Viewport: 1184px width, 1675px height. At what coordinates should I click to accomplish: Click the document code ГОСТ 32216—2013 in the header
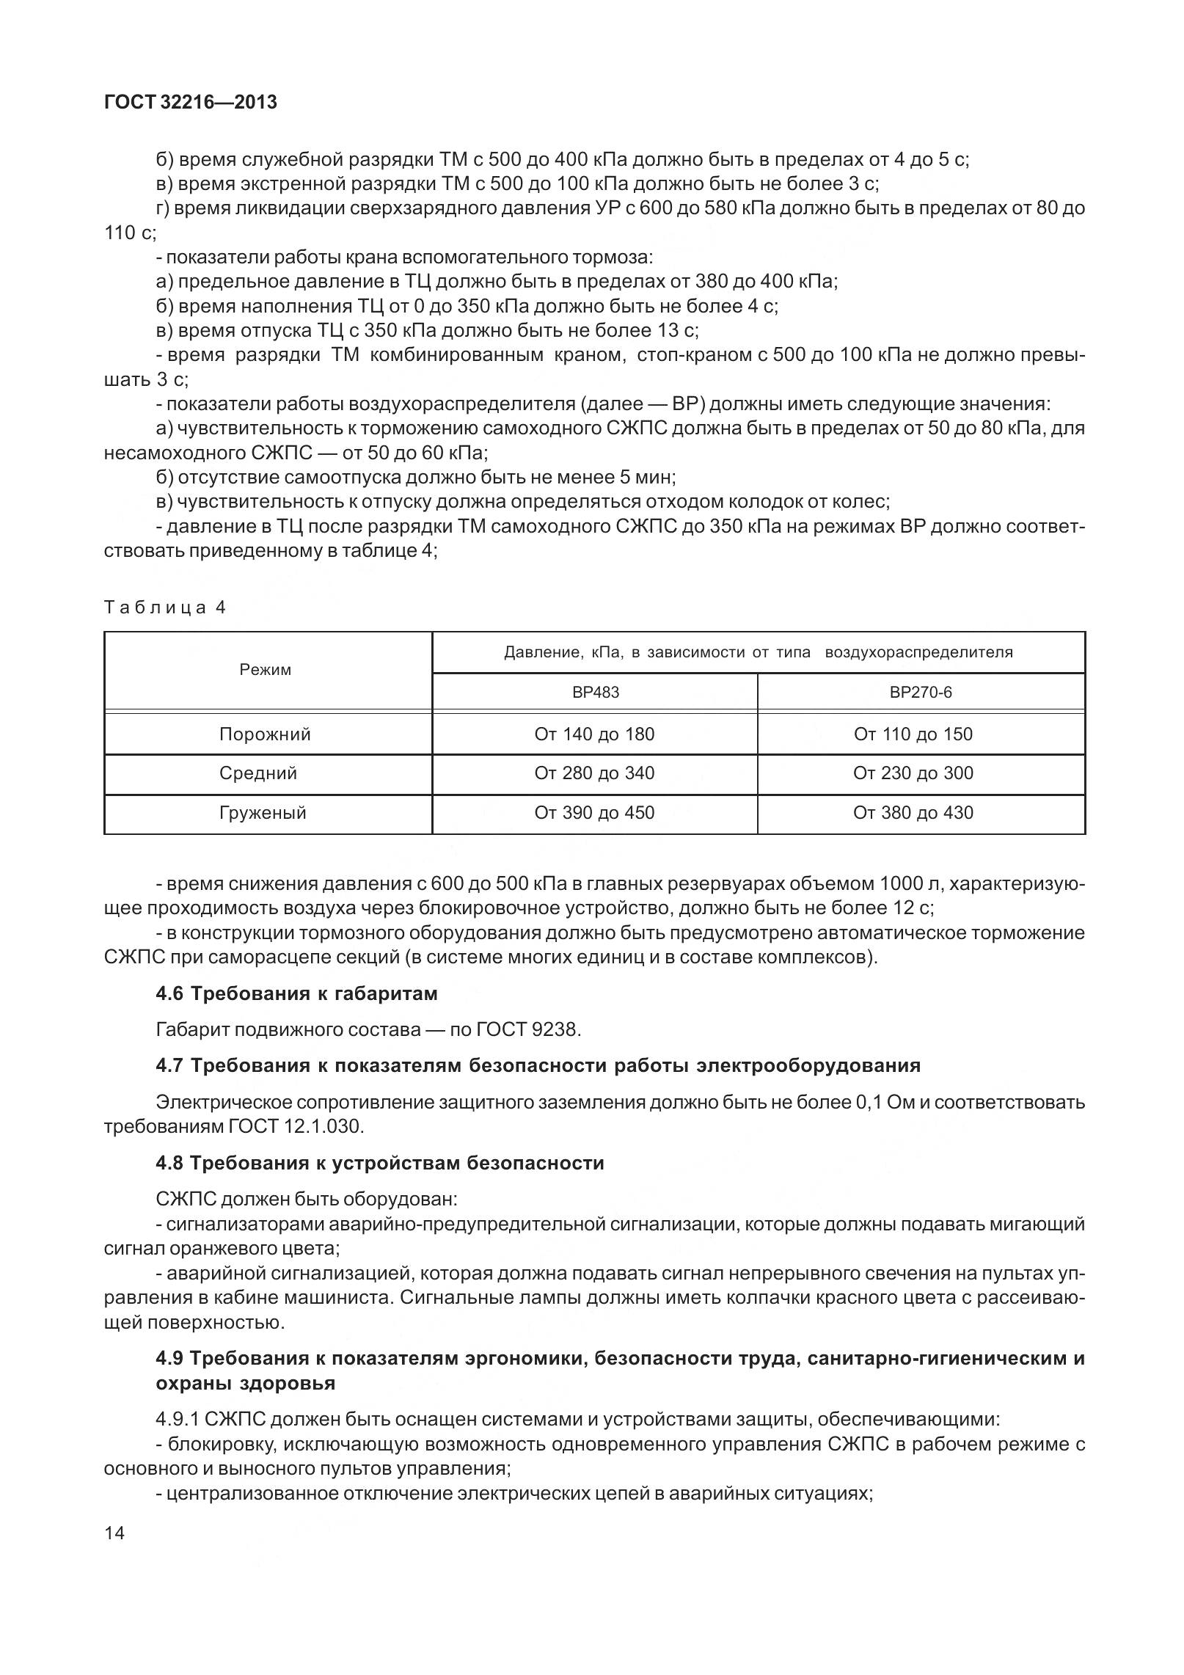[x=191, y=103]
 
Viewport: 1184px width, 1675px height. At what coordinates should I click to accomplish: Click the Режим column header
[x=266, y=670]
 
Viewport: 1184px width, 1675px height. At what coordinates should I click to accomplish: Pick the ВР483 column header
[x=596, y=693]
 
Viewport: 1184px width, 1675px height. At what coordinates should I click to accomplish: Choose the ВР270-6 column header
[x=921, y=693]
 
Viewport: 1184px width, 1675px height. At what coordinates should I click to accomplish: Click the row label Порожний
[x=266, y=734]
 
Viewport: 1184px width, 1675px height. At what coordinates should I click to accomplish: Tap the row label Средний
[x=258, y=773]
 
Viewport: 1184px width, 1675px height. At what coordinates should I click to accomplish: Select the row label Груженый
[x=263, y=813]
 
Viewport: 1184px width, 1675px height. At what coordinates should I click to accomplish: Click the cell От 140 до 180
[x=594, y=734]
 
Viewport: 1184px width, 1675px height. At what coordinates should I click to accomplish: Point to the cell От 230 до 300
[x=913, y=773]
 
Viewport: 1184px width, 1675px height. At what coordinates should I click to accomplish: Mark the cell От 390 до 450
[x=594, y=813]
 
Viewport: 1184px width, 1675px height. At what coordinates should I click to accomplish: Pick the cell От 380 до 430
[x=913, y=813]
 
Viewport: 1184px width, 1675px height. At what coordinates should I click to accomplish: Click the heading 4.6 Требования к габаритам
[x=296, y=993]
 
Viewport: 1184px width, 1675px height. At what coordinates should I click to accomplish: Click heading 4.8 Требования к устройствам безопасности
[x=379, y=1163]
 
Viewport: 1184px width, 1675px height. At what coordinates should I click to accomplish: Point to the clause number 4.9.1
[x=175, y=1420]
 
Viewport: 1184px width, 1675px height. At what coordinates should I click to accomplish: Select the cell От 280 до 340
[x=594, y=773]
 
